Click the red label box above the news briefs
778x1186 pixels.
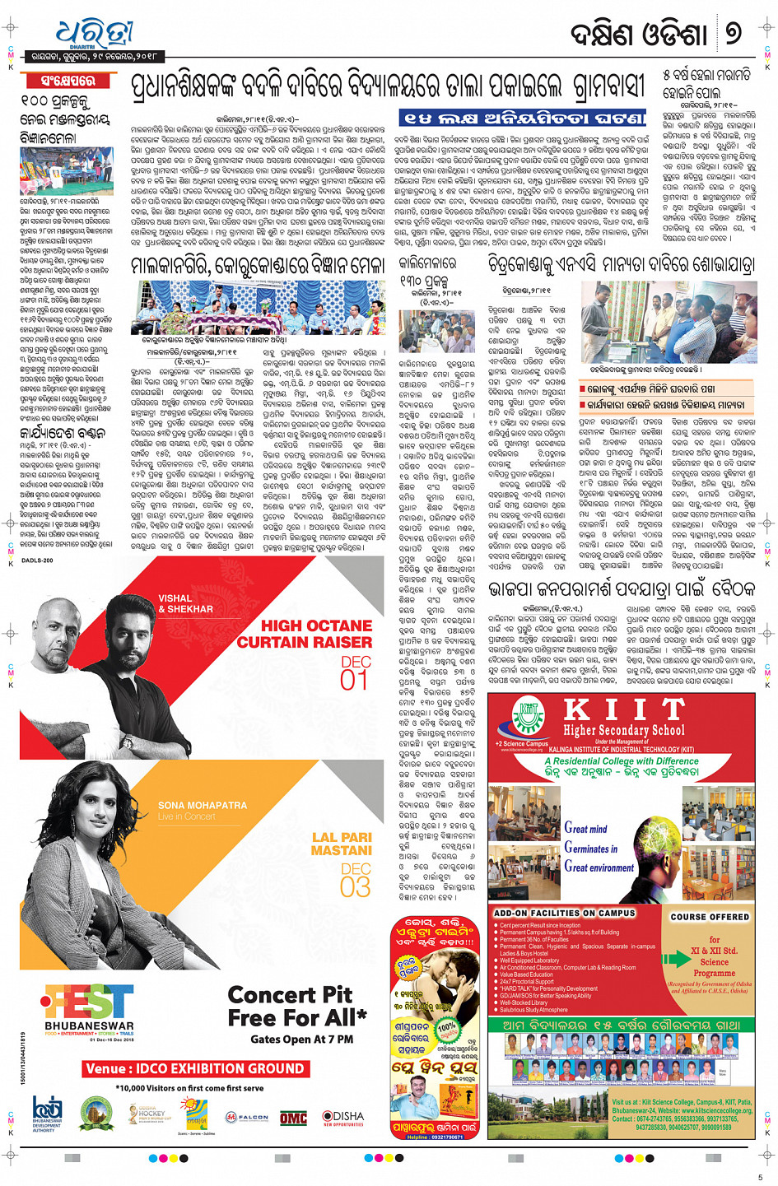pos(68,81)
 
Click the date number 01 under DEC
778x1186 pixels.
pos(354,680)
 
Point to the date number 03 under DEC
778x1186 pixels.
pos(356,886)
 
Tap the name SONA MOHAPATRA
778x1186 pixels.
pos(203,805)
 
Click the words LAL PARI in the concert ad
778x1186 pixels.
pos(342,838)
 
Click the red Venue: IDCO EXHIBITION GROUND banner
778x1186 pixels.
pos(195,1068)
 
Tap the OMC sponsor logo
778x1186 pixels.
pos(293,1118)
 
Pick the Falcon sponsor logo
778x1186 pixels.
pos(247,1118)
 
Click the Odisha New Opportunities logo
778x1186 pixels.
pos(342,1118)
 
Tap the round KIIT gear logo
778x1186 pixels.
pos(528,718)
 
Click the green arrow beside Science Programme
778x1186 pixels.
pos(680,959)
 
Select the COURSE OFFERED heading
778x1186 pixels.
pos(710,917)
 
